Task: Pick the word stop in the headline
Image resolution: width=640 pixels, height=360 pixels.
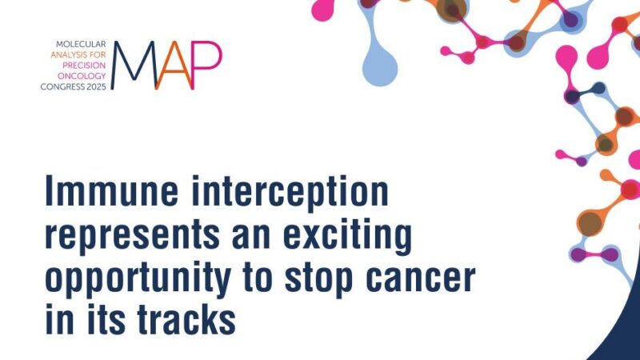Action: [x=317, y=278]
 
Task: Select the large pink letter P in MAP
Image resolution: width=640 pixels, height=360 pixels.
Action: [x=206, y=64]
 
